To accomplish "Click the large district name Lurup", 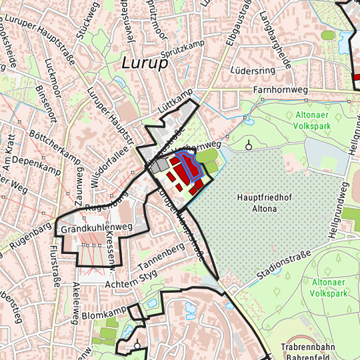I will pos(143,62).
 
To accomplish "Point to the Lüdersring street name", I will pos(253,69).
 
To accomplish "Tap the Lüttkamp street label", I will pos(175,99).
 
